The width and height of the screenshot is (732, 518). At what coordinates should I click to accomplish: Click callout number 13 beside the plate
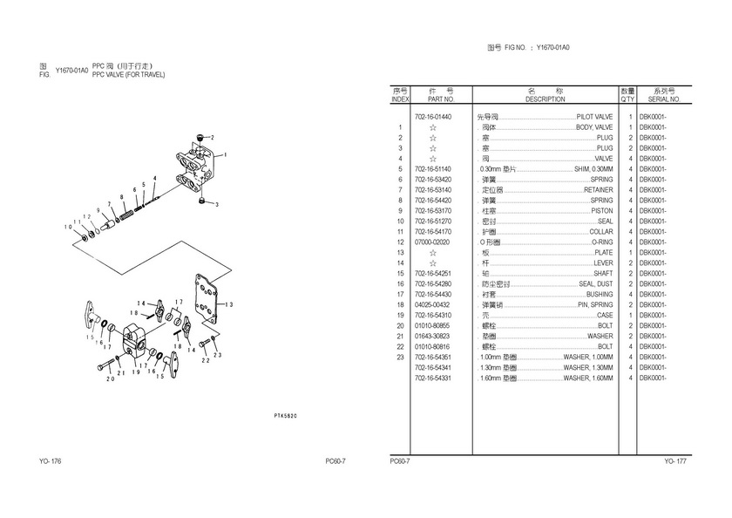(229, 304)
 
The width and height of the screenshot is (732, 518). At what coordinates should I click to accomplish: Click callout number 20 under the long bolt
(110, 378)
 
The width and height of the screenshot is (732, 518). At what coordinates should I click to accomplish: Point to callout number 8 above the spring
(123, 195)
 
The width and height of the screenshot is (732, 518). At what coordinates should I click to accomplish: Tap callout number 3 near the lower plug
(216, 204)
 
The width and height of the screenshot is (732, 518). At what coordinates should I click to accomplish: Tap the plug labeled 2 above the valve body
(201, 138)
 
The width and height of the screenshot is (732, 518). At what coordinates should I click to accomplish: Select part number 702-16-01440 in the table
(433, 116)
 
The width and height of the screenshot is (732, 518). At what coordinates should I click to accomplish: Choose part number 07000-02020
(432, 242)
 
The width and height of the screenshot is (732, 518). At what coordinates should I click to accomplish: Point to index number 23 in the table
(400, 357)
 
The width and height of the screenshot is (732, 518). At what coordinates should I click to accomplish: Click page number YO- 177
(675, 460)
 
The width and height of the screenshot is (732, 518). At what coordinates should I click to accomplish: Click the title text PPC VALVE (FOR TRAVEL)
(128, 75)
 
